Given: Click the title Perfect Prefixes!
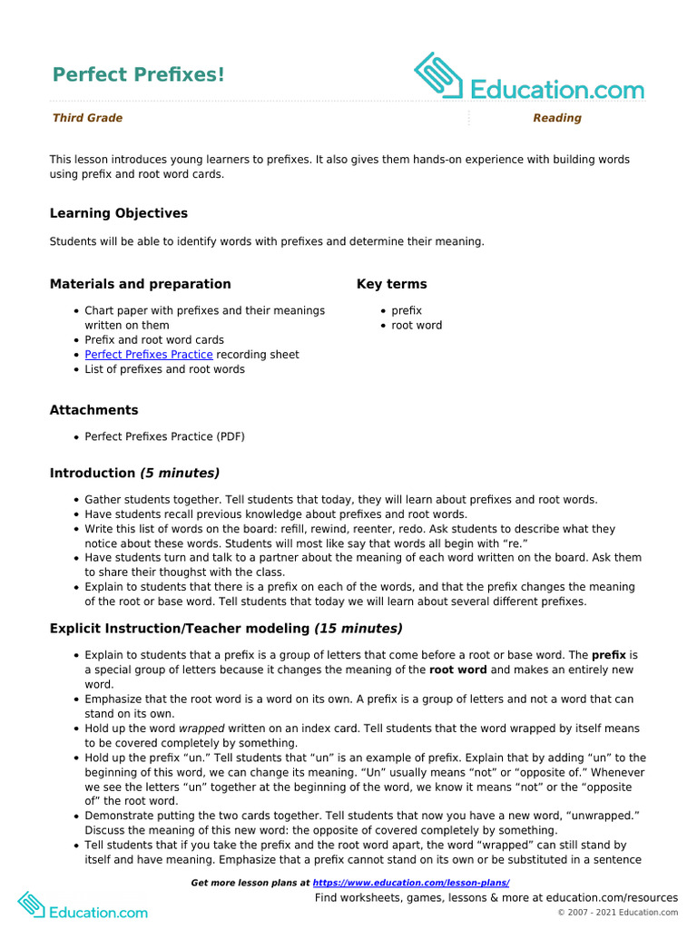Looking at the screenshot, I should (138, 74).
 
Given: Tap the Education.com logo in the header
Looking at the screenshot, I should (529, 77).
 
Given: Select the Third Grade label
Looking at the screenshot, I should (87, 118).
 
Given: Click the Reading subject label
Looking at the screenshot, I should (556, 118).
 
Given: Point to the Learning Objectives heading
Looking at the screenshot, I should (118, 213).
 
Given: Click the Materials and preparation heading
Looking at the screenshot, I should (140, 284).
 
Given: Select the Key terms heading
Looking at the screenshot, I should (391, 284).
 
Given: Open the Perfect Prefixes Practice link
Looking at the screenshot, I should (149, 355).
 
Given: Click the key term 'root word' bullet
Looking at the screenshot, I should (417, 326).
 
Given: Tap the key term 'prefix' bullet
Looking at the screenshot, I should (407, 311).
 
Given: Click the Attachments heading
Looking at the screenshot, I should (93, 410).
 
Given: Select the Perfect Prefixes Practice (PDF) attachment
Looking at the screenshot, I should (164, 436).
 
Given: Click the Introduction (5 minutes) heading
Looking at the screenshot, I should (134, 473).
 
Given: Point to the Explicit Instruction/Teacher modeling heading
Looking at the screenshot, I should (226, 628).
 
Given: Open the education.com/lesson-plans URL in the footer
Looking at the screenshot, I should (411, 883).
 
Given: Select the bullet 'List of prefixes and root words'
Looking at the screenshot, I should (164, 369).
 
